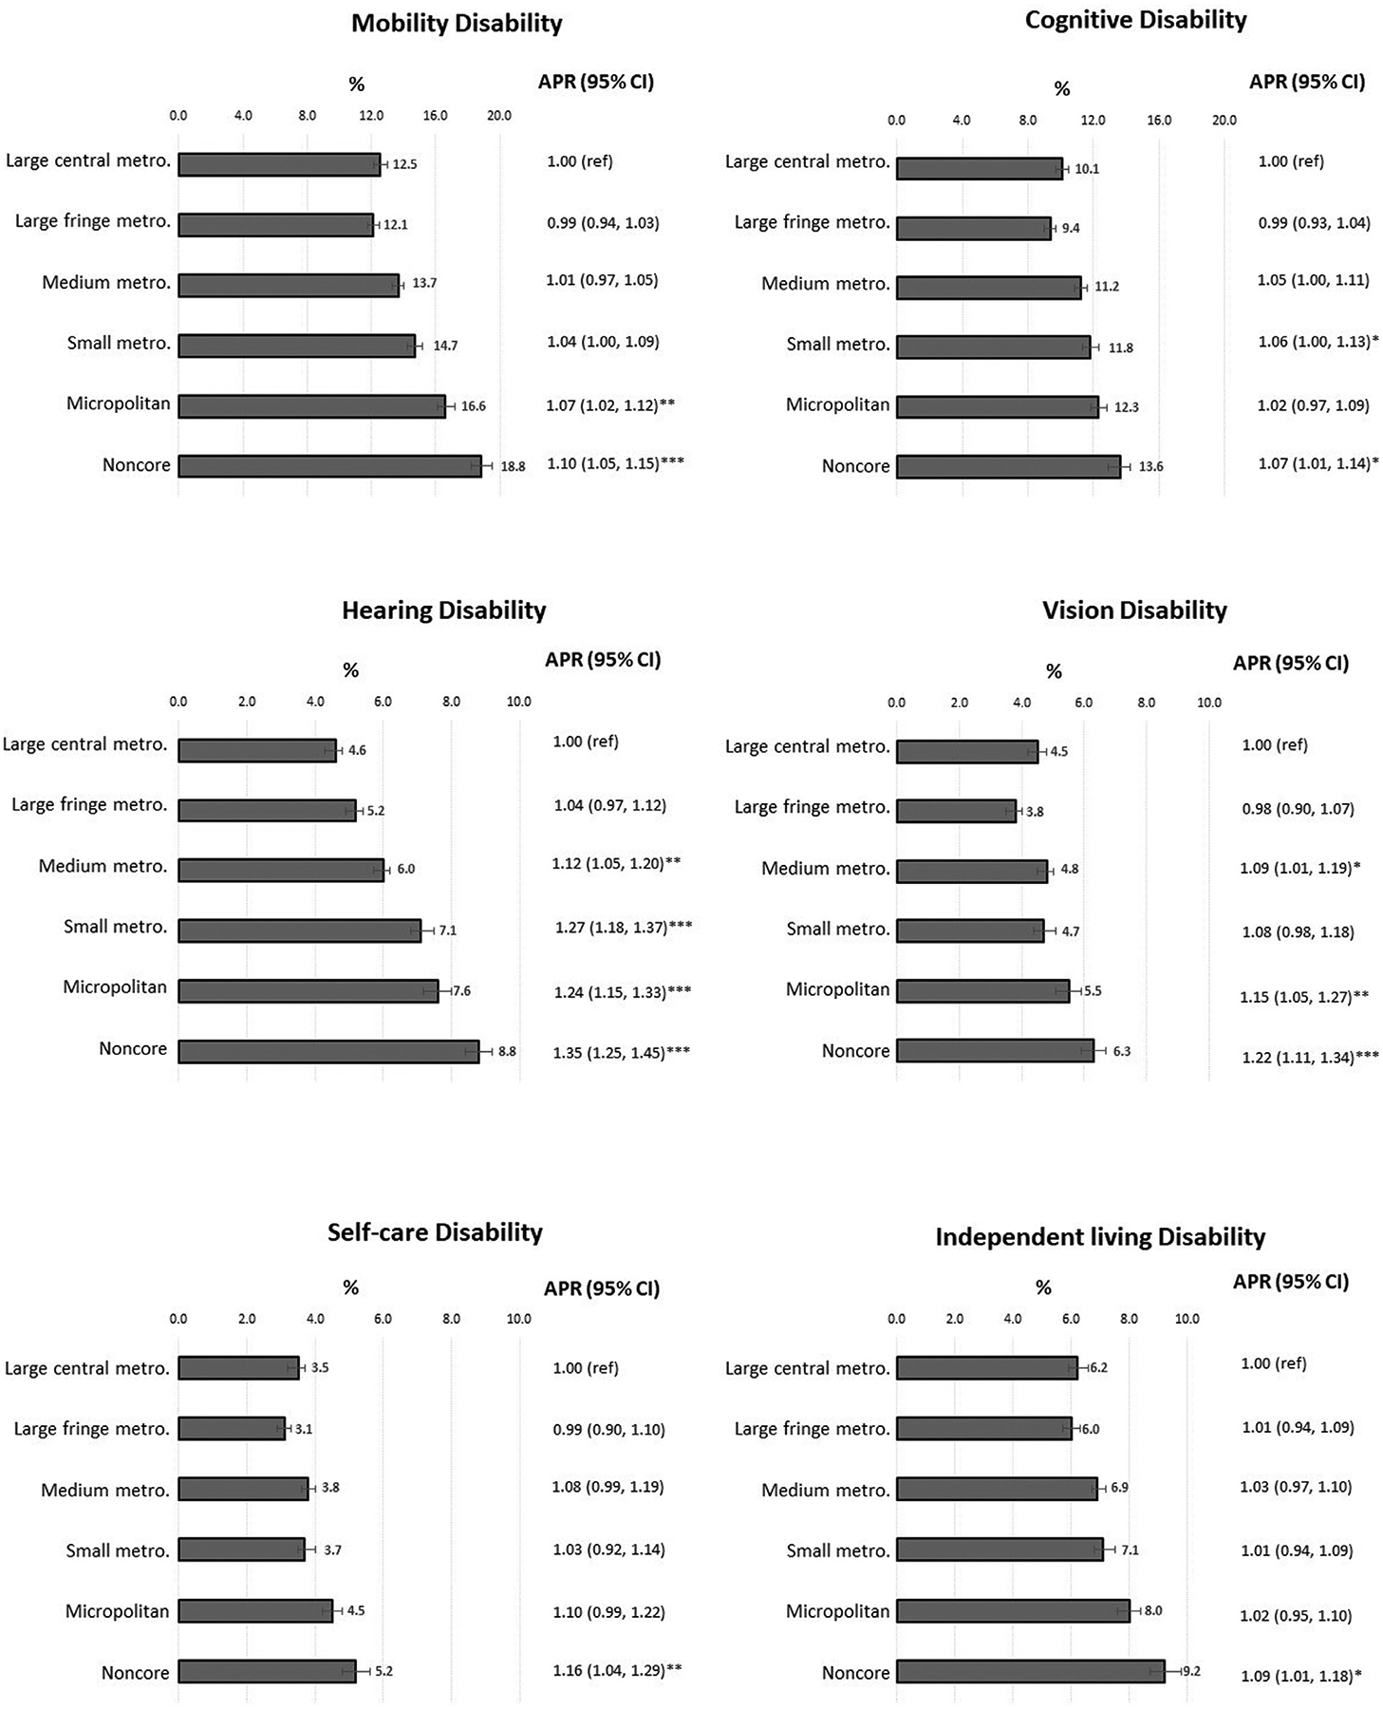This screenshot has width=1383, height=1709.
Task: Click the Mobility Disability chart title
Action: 457,24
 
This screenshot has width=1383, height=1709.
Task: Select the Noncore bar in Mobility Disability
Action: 329,466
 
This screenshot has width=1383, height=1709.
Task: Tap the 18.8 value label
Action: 513,467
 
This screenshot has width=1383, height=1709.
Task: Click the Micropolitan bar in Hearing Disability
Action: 308,990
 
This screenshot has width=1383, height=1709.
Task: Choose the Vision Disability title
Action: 1134,610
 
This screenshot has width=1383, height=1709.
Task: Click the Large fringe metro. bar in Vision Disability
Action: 956,811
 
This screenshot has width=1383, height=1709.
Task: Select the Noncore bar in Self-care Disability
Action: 267,1671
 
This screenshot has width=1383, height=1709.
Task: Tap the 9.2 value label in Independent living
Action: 1191,1671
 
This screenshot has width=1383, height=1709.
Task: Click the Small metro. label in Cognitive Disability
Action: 838,345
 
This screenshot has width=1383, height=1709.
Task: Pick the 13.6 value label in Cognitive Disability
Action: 1150,467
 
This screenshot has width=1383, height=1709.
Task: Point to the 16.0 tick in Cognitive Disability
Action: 1158,121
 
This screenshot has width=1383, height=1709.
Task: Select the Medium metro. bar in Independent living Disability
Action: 997,1489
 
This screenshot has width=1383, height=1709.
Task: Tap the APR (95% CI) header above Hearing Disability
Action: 603,660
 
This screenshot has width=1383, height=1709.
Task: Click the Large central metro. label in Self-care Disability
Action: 86,1368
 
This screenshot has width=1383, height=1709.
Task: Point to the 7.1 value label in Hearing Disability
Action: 447,930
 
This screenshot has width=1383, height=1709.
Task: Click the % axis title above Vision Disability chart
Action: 1054,672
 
